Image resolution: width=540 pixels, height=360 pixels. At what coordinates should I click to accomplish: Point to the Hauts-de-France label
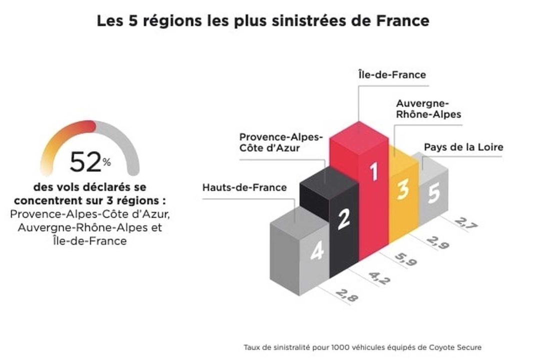click(244, 187)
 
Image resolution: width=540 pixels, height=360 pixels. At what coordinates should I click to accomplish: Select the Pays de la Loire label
click(463, 147)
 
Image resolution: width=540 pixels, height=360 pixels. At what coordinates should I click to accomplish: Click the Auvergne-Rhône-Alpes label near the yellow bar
click(428, 108)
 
